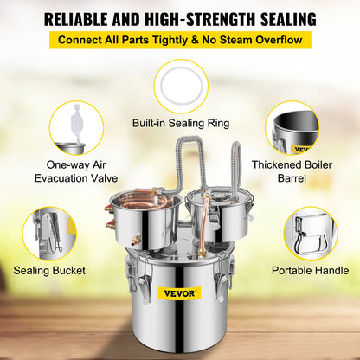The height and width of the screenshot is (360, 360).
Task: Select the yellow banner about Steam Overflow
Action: point(180,40)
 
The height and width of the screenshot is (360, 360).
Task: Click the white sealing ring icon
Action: point(180,85)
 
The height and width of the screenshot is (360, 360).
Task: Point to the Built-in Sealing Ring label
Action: point(180,124)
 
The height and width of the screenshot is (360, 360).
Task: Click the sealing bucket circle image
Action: point(48,233)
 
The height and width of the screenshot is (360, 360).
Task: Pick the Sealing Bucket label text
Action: point(49,271)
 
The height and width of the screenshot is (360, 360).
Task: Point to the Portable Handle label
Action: point(309,271)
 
